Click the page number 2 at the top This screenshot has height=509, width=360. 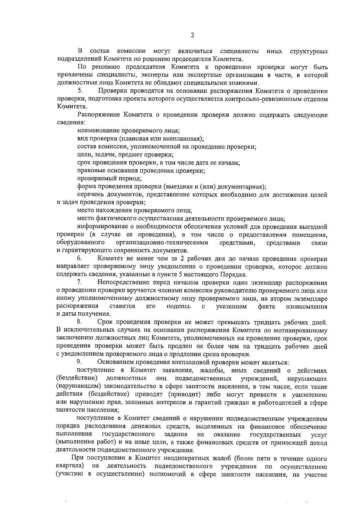tap(193, 35)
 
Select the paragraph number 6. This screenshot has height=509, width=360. tap(79, 258)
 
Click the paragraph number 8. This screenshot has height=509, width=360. tap(79, 322)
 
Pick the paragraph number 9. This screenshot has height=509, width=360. tap(79, 362)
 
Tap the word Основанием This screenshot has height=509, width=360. tap(115, 362)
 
